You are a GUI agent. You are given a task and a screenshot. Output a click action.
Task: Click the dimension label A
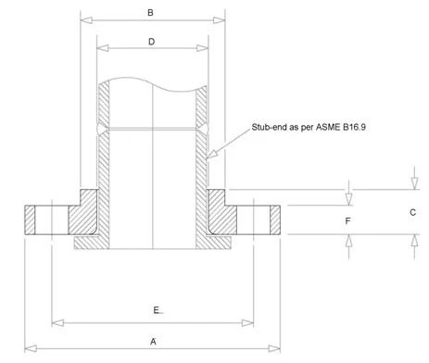(153, 340)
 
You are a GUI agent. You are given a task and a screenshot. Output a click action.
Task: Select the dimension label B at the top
(151, 12)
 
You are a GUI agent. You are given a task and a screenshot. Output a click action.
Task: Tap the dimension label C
(412, 212)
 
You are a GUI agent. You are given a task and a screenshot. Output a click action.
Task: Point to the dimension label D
(151, 42)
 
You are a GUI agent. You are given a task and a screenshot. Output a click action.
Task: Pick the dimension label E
(157, 308)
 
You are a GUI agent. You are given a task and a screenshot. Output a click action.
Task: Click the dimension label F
(347, 221)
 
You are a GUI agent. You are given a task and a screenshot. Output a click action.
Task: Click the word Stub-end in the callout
(271, 126)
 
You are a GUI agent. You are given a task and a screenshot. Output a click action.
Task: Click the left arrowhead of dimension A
(29, 348)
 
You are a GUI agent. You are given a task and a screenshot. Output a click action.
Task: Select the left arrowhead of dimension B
(84, 19)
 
